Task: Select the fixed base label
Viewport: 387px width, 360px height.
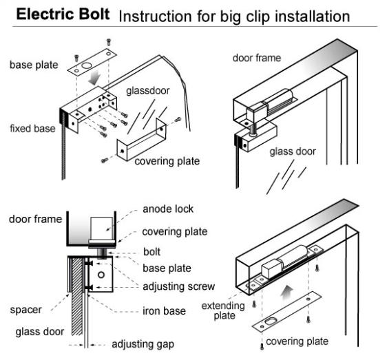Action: coord(33,129)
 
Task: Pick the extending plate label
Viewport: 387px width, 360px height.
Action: coord(219,310)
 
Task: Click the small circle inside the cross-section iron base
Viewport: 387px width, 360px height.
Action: coord(101,275)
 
